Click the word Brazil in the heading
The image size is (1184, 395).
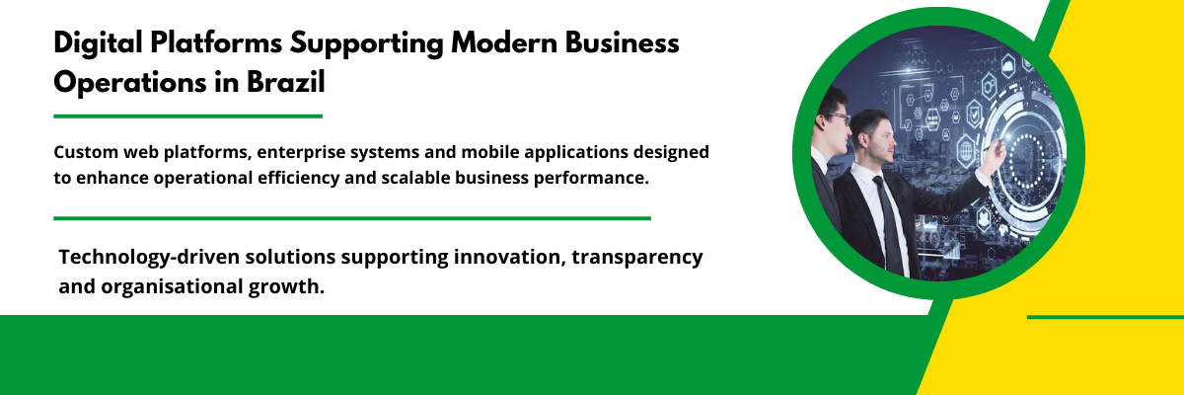286,83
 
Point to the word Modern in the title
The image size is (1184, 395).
504,42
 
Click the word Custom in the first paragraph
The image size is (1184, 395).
86,152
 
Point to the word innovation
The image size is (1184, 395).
509,257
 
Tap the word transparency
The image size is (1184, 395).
637,258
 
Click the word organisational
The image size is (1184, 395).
172,287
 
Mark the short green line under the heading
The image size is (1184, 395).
188,117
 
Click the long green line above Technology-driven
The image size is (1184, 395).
352,218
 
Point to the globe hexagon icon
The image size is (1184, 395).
966,151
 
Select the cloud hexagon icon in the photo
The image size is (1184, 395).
1008,66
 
